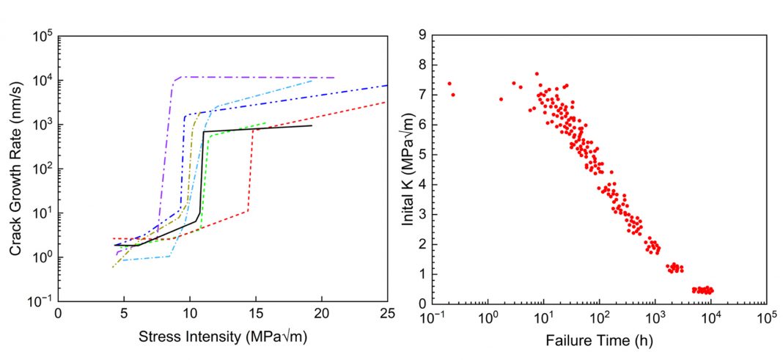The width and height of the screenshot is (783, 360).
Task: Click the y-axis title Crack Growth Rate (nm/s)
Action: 15,168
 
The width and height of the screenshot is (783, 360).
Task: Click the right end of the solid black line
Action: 312,125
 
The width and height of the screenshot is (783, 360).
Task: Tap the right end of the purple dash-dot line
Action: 334,77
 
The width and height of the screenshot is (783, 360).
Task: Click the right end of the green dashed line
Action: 266,122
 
